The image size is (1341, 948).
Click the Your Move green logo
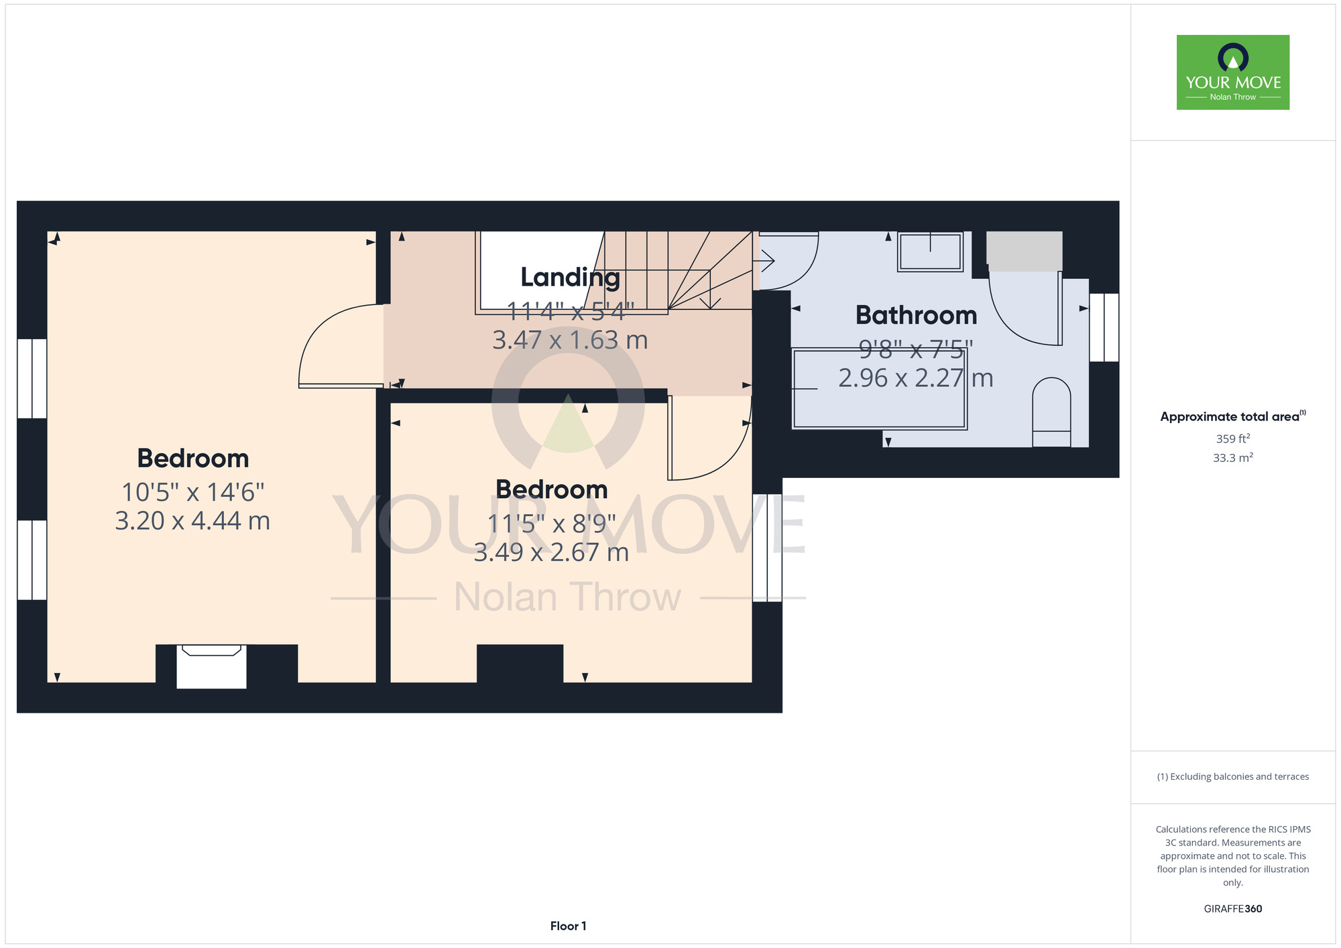1232,72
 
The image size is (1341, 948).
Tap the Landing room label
570,277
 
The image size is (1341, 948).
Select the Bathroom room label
916,315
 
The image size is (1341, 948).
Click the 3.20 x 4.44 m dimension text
192,521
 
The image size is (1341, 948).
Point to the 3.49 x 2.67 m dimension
551,552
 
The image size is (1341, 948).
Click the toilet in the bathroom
1051,412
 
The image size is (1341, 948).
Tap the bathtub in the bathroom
879,388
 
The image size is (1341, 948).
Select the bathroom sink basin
930,251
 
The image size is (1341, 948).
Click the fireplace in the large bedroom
211,666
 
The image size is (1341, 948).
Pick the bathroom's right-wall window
1104,327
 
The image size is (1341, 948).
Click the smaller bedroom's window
767,548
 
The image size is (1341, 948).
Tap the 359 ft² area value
1233,438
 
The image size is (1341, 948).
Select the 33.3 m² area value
1233,458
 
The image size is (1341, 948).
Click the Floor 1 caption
568,926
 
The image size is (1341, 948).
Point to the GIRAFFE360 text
1232,909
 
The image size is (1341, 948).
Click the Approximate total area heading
1232,416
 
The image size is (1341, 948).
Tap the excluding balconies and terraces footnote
1232,776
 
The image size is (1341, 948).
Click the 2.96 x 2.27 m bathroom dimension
916,378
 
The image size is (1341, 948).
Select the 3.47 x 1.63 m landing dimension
570,340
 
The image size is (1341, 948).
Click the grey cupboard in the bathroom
1024,251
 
